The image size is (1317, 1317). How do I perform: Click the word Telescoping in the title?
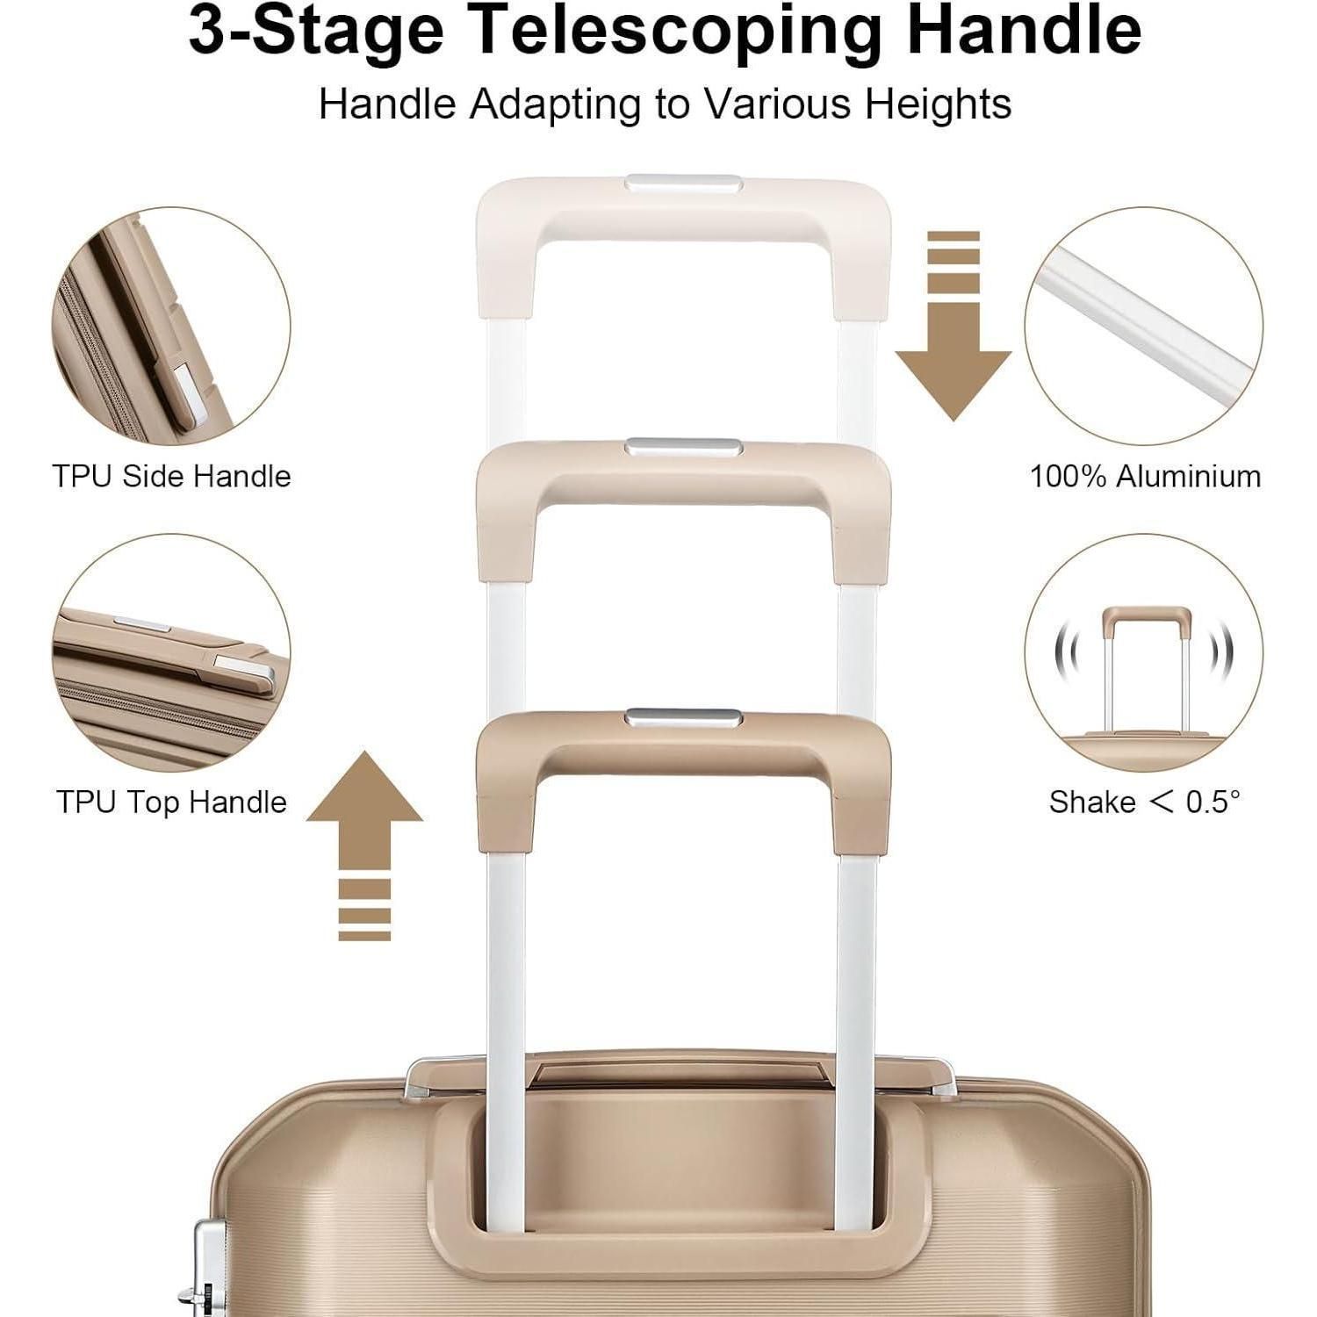click(x=676, y=32)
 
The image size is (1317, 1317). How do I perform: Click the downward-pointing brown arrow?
click(x=954, y=326)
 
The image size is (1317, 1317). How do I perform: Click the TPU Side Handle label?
click(x=171, y=476)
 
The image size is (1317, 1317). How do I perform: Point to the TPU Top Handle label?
click(x=171, y=802)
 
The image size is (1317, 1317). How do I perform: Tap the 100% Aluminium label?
click(x=1145, y=476)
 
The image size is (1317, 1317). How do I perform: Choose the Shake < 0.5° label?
click(x=1145, y=802)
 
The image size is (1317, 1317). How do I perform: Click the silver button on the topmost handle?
click(x=684, y=184)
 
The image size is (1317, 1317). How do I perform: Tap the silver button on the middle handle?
click(x=684, y=448)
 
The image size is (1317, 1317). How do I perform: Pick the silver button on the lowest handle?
click(x=684, y=718)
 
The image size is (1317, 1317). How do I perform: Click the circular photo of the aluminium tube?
click(x=1144, y=327)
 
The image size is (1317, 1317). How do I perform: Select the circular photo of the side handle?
click(x=171, y=327)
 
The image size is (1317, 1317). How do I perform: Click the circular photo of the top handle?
click(x=171, y=653)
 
